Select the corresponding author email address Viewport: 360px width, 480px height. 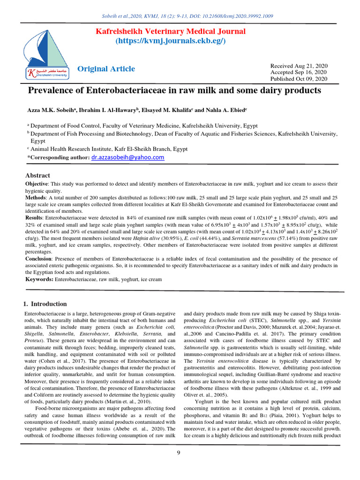coord(128,157)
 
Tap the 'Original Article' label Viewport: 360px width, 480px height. coord(106,69)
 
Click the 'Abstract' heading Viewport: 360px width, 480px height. coord(37,175)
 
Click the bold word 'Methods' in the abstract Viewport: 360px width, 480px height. coord(36,198)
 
